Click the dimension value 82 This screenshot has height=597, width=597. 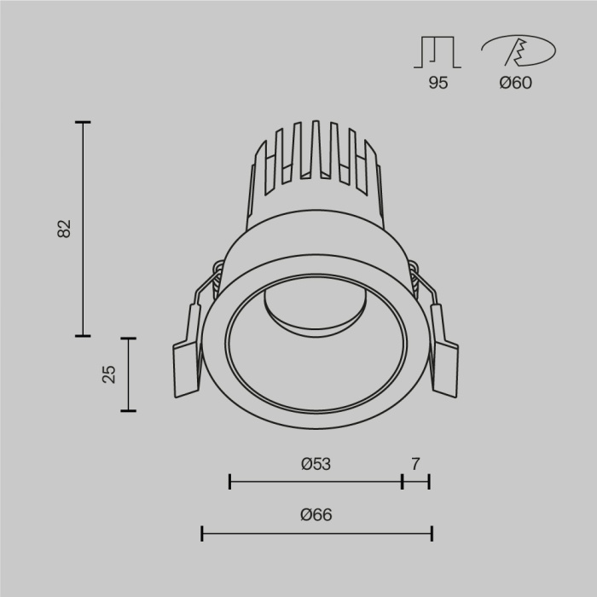(x=65, y=229)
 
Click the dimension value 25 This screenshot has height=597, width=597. (x=109, y=374)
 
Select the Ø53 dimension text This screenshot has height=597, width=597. (x=316, y=465)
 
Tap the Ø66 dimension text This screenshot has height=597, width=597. (x=316, y=515)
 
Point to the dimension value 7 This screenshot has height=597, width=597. (x=415, y=465)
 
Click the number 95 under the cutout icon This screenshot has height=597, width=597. (x=438, y=83)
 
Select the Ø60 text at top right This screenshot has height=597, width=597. (x=515, y=83)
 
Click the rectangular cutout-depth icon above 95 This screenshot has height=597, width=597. (x=438, y=53)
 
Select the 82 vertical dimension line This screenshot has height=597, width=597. (x=83, y=229)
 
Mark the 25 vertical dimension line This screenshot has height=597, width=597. (x=129, y=374)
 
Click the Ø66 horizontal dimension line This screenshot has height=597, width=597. (x=316, y=534)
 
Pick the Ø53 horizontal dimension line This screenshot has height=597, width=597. (x=316, y=482)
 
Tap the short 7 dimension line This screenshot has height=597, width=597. (x=415, y=482)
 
